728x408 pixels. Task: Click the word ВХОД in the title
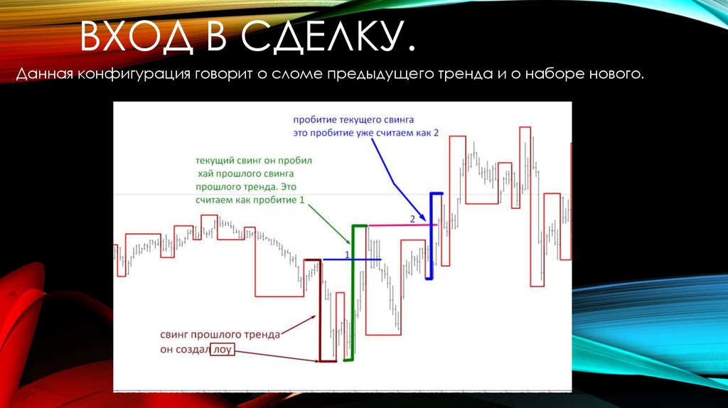point(136,39)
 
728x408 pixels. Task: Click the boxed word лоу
point(223,350)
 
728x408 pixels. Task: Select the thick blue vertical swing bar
point(429,235)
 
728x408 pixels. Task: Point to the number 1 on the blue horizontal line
point(347,254)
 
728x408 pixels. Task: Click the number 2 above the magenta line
point(412,218)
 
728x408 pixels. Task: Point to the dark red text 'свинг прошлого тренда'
point(220,334)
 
